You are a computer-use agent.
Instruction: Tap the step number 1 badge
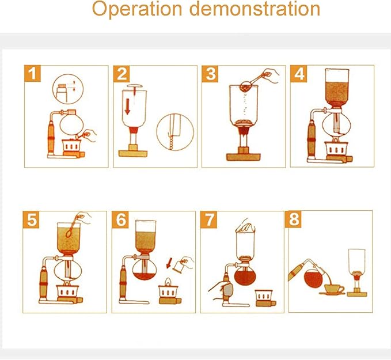(x=33, y=74)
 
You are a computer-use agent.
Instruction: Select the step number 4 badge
(x=299, y=74)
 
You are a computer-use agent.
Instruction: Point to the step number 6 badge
(x=121, y=220)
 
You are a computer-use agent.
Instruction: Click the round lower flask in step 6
(x=141, y=270)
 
